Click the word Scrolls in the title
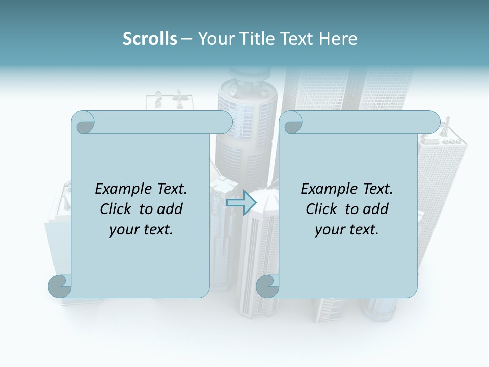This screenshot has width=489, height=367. pyautogui.click(x=150, y=38)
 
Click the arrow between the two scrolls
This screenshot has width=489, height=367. pyautogui.click(x=240, y=202)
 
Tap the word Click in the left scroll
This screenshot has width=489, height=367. pyautogui.click(x=116, y=209)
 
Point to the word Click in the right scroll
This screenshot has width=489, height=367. pyautogui.click(x=322, y=209)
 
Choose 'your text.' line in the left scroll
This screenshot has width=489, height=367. pyautogui.click(x=141, y=229)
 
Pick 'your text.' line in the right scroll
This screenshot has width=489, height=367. pyautogui.click(x=347, y=229)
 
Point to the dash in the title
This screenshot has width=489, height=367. pyautogui.click(x=186, y=38)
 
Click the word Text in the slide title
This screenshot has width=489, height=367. pyautogui.click(x=296, y=38)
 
